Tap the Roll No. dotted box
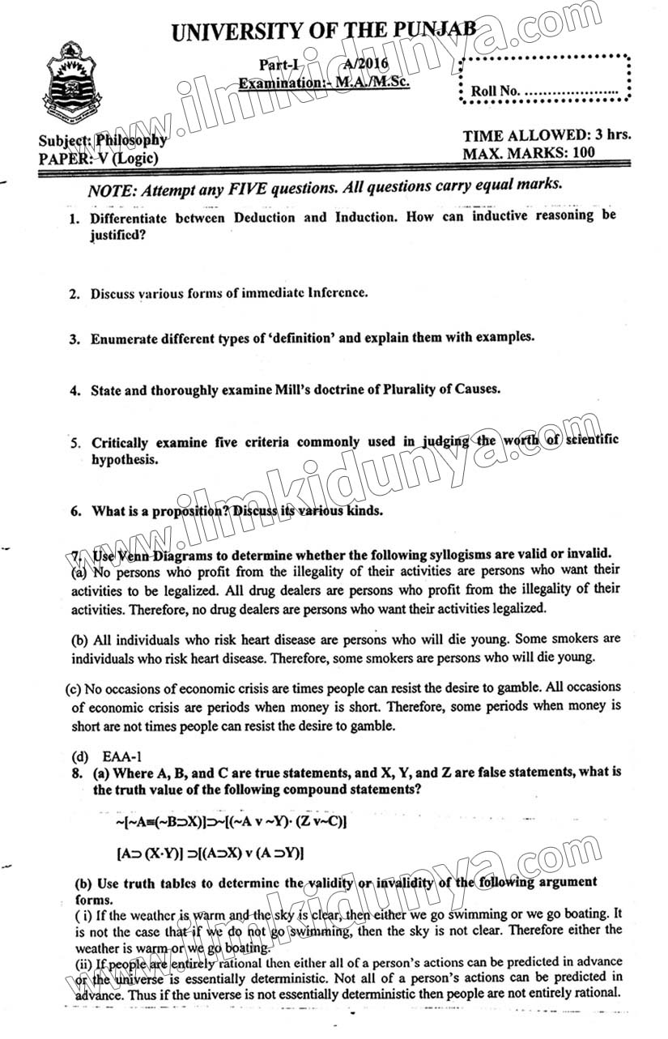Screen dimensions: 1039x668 click(544, 79)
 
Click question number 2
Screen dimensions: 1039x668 click(74, 294)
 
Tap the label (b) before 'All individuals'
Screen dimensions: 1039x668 click(80, 639)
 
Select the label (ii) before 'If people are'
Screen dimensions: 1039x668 click(84, 963)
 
